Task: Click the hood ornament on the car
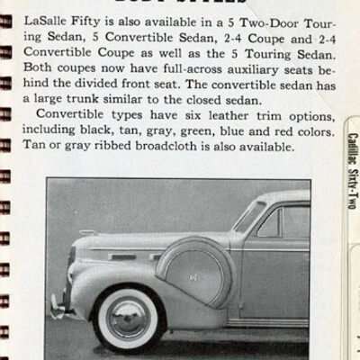[85, 233]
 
